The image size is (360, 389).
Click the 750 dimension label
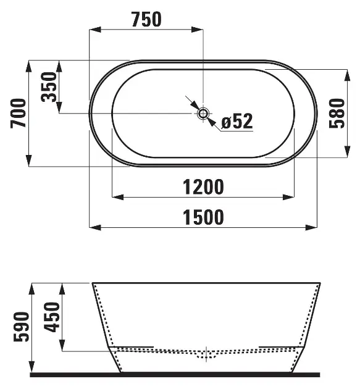click(146, 19)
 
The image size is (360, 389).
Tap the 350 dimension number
click(49, 87)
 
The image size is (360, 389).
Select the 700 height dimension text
click(18, 114)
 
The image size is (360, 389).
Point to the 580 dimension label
click(337, 114)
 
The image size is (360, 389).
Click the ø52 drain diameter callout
click(237, 121)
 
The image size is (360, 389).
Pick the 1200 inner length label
click(203, 187)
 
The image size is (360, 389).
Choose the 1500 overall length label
click(203, 217)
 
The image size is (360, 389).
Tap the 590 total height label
click(22, 327)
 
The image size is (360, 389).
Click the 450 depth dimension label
click(52, 317)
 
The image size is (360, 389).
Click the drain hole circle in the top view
click(203, 114)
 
